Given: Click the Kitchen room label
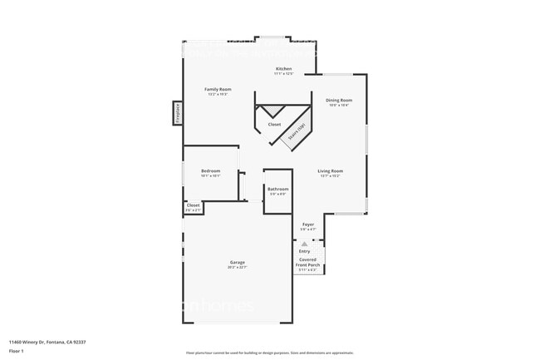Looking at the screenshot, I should click(284, 68).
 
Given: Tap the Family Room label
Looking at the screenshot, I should click(218, 89).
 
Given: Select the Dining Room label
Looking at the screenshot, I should click(339, 100).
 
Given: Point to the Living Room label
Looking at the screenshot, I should click(331, 171).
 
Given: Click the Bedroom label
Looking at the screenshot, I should click(210, 170).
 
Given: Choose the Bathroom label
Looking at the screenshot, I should click(278, 189).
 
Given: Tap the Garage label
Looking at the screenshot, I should click(238, 262).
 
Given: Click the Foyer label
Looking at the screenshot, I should click(308, 224).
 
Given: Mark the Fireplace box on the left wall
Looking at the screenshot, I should click(178, 112).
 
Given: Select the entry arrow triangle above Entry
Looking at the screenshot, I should click(304, 244).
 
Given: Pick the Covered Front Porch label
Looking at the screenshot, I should click(308, 262).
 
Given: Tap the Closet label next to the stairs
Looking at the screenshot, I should click(274, 125).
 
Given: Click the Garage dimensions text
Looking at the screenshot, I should click(238, 268).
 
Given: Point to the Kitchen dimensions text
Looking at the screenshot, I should click(284, 74).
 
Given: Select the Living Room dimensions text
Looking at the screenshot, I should click(331, 176).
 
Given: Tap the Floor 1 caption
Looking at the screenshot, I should click(17, 349).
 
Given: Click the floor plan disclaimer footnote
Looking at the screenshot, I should click(270, 353).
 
